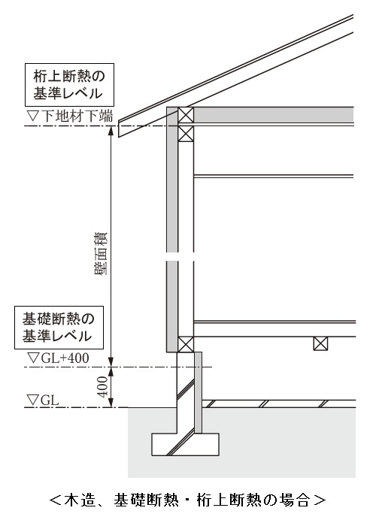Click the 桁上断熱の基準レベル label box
69,85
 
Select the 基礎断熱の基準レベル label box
59,328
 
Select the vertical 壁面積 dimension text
101,253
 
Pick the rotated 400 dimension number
103,387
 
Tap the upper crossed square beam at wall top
186,115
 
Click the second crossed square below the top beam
186,134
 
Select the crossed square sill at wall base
186,344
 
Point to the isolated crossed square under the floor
320,343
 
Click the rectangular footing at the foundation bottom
185,444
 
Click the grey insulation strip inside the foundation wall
199,392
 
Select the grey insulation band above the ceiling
274,115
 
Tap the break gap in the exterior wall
180,257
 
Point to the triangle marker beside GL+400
34,358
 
